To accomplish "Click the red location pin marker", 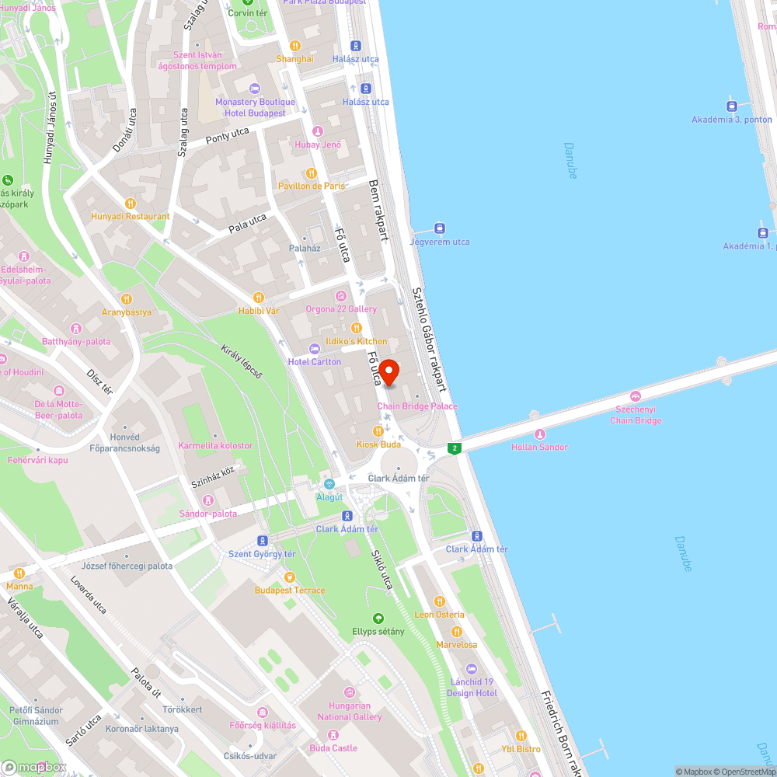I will [388, 372].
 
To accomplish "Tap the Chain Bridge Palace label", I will [417, 406].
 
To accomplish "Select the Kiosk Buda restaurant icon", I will [378, 430].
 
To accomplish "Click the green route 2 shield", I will [454, 448].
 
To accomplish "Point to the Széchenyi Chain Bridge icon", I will [636, 396].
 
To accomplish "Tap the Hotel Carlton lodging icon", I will [315, 348].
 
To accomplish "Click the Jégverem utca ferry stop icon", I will [440, 228].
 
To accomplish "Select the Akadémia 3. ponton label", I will [732, 120].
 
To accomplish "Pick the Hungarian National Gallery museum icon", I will [350, 692].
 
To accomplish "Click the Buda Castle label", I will [334, 748].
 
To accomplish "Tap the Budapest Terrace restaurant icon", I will [290, 577].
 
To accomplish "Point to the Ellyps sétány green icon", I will [378, 618].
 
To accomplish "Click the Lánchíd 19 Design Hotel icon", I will [472, 669].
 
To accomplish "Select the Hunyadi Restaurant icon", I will [130, 203].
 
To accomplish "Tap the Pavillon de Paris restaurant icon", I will [312, 173].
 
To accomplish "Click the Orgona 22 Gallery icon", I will [340, 296].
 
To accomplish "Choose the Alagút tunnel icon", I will [329, 484].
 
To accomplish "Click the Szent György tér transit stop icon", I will [263, 541].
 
